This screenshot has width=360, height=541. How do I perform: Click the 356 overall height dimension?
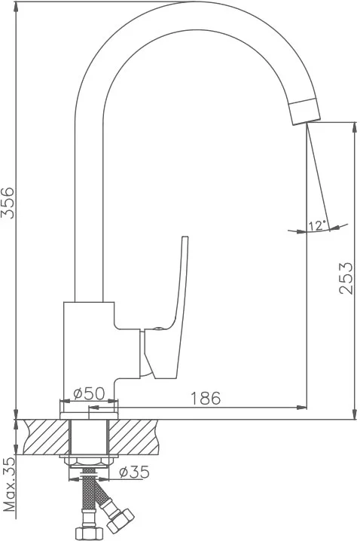pyautogui.click(x=8, y=203)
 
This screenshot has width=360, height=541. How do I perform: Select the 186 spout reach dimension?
pyautogui.click(x=206, y=398)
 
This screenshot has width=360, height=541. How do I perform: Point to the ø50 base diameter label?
pyautogui.click(x=89, y=393)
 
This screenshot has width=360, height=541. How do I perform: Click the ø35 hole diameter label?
pyautogui.click(x=135, y=472)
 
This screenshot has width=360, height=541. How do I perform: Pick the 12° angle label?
pyautogui.click(x=318, y=225)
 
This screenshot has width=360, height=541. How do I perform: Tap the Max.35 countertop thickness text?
pyautogui.click(x=9, y=488)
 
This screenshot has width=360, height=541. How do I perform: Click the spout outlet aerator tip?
pyautogui.click(x=305, y=111)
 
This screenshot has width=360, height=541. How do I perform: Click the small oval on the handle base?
pyautogui.click(x=157, y=329)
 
